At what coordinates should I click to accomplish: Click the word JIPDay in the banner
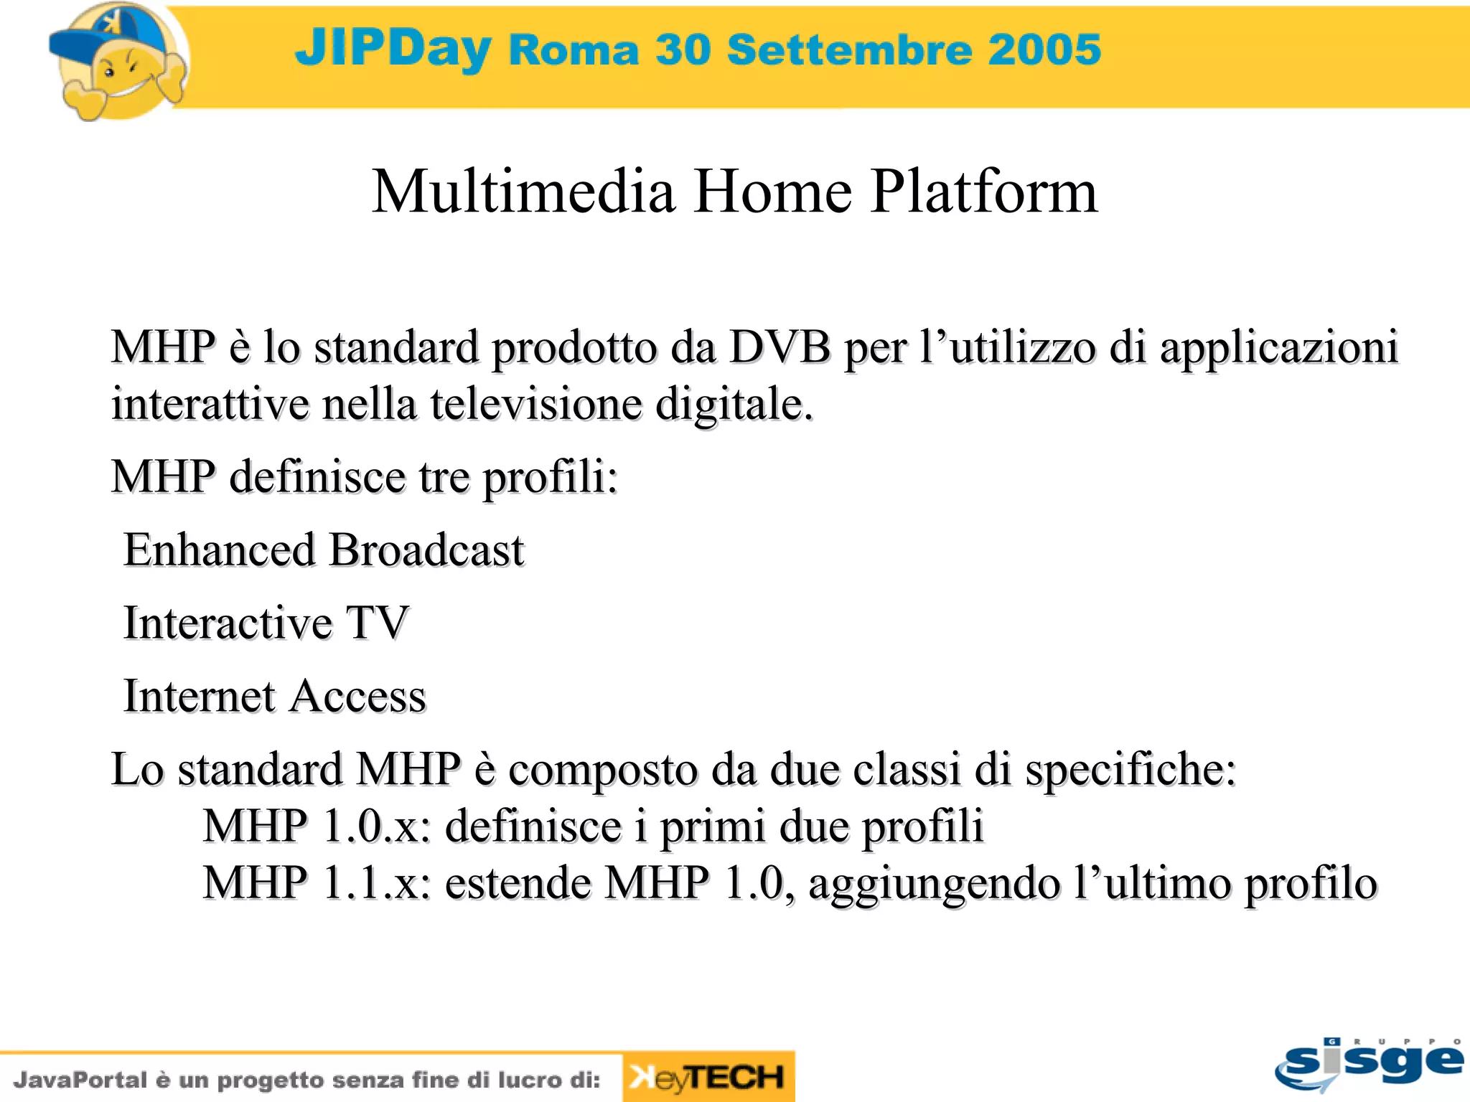pyautogui.click(x=393, y=49)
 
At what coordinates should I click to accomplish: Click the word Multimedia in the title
pyautogui.click(x=523, y=192)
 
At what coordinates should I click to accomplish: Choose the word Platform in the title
pyautogui.click(x=984, y=192)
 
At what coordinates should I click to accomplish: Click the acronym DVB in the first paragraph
pyautogui.click(x=780, y=347)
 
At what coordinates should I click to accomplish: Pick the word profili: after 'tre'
pyautogui.click(x=549, y=477)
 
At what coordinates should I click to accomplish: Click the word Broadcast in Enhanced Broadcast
pyautogui.click(x=427, y=550)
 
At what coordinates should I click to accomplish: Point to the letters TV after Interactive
pyautogui.click(x=378, y=623)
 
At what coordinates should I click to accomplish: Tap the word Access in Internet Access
pyautogui.click(x=358, y=696)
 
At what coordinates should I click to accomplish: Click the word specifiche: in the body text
pyautogui.click(x=1130, y=770)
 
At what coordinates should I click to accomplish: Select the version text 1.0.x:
pyautogui.click(x=377, y=826)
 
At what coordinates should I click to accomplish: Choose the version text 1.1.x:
pyautogui.click(x=377, y=882)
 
